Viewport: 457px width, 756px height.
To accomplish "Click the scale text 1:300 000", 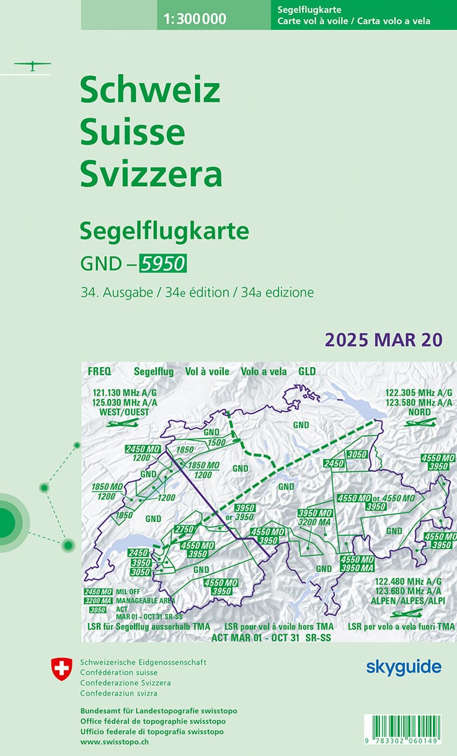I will point(195,19).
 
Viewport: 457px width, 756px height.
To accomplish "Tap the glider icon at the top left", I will point(32,65).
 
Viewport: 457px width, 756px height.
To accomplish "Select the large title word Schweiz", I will point(150,91).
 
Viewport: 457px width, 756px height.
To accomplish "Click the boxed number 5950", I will point(162,264).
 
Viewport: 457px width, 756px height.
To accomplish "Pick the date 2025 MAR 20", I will point(383,340).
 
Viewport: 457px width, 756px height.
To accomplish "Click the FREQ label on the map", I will point(99,371).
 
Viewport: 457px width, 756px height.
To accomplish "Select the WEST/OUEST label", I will point(124,411).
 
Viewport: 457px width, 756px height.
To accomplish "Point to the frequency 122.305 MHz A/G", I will point(419,393).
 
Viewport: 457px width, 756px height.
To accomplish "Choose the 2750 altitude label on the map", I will point(184,529).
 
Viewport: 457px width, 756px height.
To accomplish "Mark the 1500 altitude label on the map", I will point(216,442).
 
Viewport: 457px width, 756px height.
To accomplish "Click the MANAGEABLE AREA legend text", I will point(145,600).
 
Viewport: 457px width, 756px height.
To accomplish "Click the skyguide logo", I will point(403,667).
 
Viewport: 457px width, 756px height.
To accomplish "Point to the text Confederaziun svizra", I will point(118,693).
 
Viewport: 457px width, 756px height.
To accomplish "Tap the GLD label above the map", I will point(307,371).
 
